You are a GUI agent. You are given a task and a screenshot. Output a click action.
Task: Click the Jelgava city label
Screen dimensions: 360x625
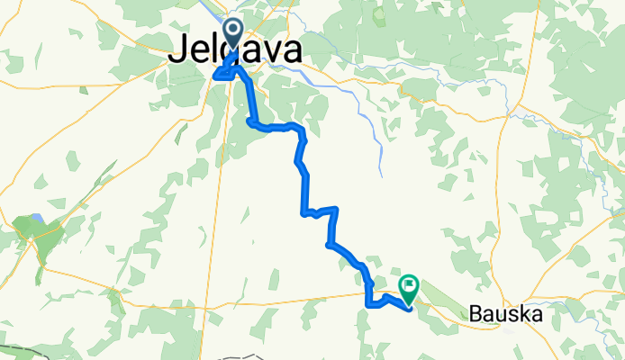[x=235, y=53]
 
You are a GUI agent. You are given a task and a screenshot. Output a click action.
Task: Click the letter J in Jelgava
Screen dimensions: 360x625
[x=176, y=53]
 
